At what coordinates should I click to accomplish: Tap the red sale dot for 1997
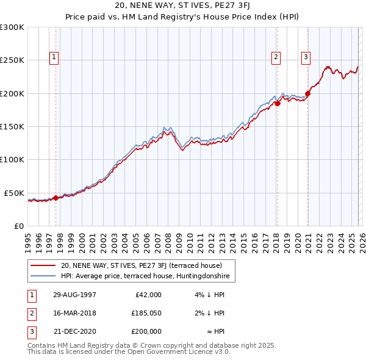[56, 198]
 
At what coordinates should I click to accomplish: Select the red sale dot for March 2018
[277, 104]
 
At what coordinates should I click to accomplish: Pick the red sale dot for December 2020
[307, 93]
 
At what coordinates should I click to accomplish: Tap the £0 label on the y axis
[18, 226]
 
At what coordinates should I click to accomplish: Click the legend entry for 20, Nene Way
[145, 265]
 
